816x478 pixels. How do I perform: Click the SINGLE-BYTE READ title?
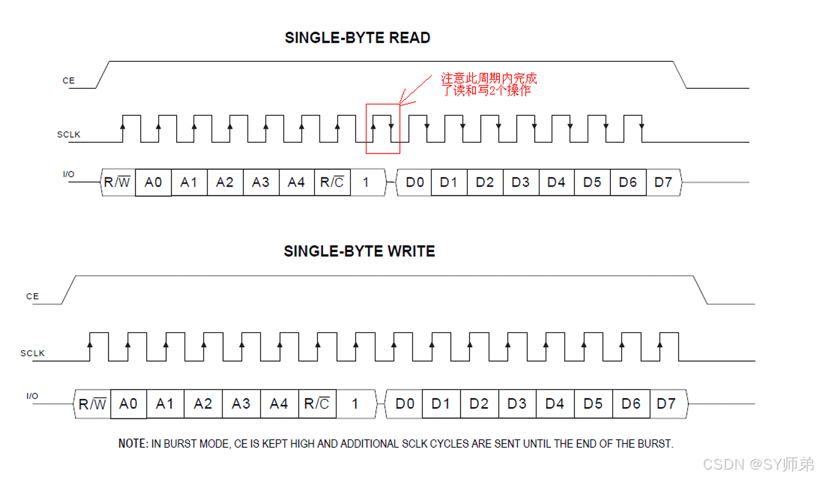pyautogui.click(x=357, y=38)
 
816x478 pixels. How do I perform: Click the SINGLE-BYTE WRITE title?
pyautogui.click(x=359, y=251)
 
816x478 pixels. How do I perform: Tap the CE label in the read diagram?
pyautogui.click(x=69, y=80)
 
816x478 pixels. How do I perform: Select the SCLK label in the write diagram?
pyautogui.click(x=32, y=353)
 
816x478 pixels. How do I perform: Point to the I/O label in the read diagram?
pyautogui.click(x=69, y=175)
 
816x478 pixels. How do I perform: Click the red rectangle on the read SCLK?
pyautogui.click(x=383, y=128)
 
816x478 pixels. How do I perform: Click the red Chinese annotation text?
pyautogui.click(x=489, y=85)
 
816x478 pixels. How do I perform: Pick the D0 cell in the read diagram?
pyautogui.click(x=414, y=182)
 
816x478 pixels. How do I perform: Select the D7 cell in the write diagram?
pyautogui.click(x=666, y=404)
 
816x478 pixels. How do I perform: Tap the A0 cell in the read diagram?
pyautogui.click(x=153, y=182)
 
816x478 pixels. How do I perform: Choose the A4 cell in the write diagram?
pyautogui.click(x=278, y=404)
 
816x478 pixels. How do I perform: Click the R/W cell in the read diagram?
pyautogui.click(x=118, y=182)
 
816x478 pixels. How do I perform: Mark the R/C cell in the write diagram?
pyautogui.click(x=317, y=404)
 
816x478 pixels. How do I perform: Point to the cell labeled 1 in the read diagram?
pyautogui.click(x=366, y=182)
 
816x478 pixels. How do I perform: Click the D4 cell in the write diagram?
pyautogui.click(x=555, y=404)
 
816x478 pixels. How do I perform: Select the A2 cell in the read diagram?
pyautogui.click(x=225, y=182)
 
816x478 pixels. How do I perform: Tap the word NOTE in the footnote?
pyautogui.click(x=133, y=444)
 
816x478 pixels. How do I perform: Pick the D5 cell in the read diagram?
pyautogui.click(x=592, y=182)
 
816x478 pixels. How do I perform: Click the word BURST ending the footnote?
pyautogui.click(x=655, y=444)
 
